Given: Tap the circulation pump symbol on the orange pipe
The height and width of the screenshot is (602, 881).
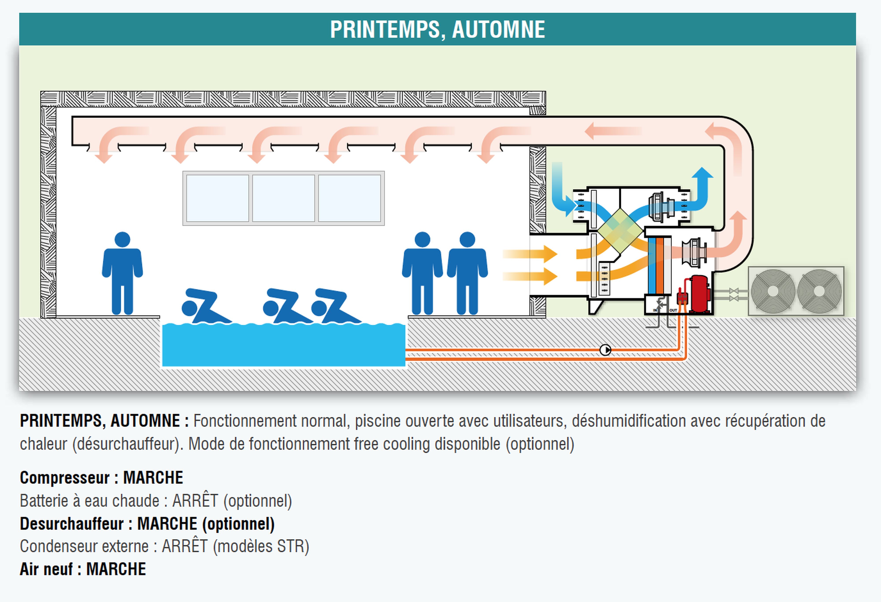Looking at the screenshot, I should pyautogui.click(x=605, y=350).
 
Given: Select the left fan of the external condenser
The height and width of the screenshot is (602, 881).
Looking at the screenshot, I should pyautogui.click(x=773, y=291).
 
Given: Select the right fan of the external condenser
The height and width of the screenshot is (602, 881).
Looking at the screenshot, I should pyautogui.click(x=819, y=291).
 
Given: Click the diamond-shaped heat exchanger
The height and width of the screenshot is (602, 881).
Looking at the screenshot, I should pyautogui.click(x=620, y=231).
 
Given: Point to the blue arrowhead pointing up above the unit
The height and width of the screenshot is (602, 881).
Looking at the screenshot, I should pyautogui.click(x=702, y=173).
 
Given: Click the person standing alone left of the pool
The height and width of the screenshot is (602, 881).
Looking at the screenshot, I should pyautogui.click(x=122, y=273).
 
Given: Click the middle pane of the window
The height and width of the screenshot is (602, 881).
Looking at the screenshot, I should pyautogui.click(x=283, y=198).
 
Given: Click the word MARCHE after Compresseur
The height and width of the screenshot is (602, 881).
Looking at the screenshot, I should pyautogui.click(x=153, y=478).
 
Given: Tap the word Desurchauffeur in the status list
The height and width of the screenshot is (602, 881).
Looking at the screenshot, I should pyautogui.click(x=72, y=524).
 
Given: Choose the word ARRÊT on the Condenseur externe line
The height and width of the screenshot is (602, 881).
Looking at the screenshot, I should pyautogui.click(x=185, y=546).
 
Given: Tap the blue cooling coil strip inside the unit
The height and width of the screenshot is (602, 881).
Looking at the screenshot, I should pyautogui.click(x=652, y=265).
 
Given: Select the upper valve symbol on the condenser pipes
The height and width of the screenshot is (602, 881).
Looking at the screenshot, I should pyautogui.click(x=733, y=291).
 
